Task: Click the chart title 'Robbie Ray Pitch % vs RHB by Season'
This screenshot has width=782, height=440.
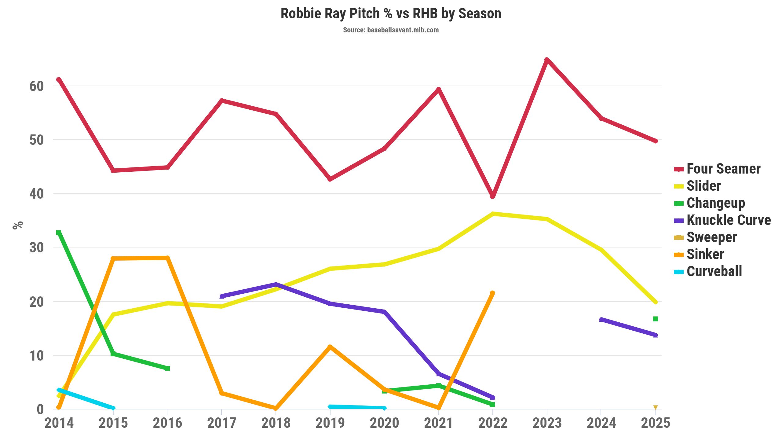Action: [x=391, y=14]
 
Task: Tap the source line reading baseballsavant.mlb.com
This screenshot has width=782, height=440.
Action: [x=391, y=30]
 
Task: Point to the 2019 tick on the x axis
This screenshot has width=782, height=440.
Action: [x=330, y=423]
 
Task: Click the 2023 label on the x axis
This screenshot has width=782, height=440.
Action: [x=547, y=423]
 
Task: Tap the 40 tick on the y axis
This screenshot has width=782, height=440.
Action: [x=37, y=194]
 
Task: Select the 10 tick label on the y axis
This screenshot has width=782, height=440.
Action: [x=37, y=356]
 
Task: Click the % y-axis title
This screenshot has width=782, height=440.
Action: [x=18, y=225]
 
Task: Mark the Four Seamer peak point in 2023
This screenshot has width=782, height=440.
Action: [x=547, y=60]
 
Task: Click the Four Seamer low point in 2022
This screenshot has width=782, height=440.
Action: [x=492, y=196]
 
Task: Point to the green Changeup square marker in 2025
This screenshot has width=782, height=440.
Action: [x=655, y=319]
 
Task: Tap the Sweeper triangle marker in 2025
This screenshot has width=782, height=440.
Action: [x=655, y=408]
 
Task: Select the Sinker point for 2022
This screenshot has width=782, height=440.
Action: [x=492, y=293]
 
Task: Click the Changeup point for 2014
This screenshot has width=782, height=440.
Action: [x=59, y=233]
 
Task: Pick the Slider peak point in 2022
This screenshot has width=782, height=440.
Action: [x=492, y=214]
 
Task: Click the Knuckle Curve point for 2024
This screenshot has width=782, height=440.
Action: [x=601, y=320]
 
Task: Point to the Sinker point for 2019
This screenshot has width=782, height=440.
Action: [x=330, y=347]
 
